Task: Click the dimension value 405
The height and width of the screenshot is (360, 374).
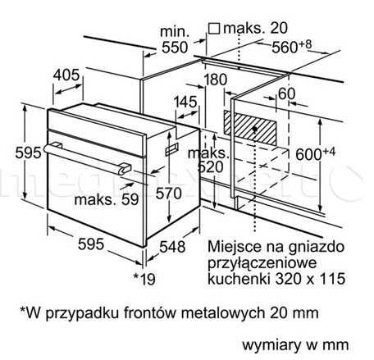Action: click(x=66, y=75)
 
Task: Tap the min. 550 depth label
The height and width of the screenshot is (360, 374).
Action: click(x=175, y=39)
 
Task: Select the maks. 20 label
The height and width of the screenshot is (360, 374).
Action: click(x=256, y=28)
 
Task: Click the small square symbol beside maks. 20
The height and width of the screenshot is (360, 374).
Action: click(x=214, y=28)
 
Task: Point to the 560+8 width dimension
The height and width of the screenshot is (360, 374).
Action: click(x=291, y=46)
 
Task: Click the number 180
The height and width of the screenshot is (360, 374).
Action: click(x=216, y=80)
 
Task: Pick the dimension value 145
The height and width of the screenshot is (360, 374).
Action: click(x=185, y=102)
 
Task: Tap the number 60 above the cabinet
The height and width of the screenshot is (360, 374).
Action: click(x=286, y=93)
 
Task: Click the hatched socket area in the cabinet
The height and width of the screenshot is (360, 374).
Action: click(x=250, y=127)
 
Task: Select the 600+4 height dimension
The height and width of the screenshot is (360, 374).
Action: click(x=315, y=153)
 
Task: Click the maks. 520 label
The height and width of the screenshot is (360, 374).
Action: click(x=209, y=160)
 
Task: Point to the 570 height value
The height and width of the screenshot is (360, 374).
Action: click(x=169, y=193)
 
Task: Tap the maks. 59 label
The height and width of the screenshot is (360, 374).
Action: click(x=107, y=199)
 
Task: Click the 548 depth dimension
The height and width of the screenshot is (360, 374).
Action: click(x=172, y=246)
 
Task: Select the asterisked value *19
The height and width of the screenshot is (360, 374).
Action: click(x=144, y=279)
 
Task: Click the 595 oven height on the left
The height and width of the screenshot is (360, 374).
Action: click(x=28, y=153)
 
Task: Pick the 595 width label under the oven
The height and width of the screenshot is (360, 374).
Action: click(x=91, y=244)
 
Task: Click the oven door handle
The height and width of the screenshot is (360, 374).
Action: click(x=88, y=158)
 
